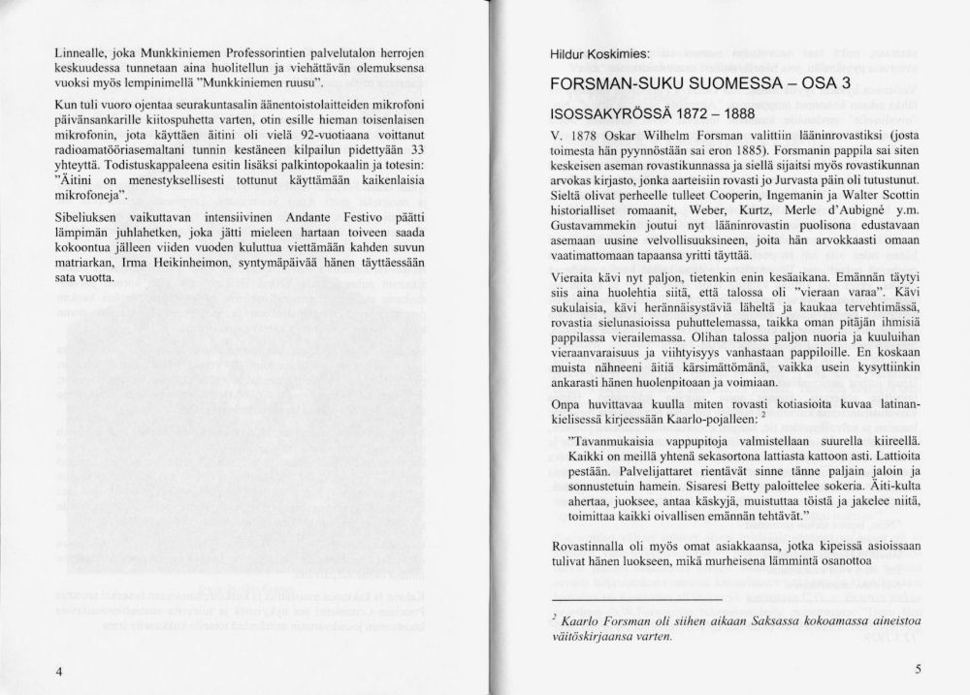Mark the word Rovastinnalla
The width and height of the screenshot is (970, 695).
click(580, 549)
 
